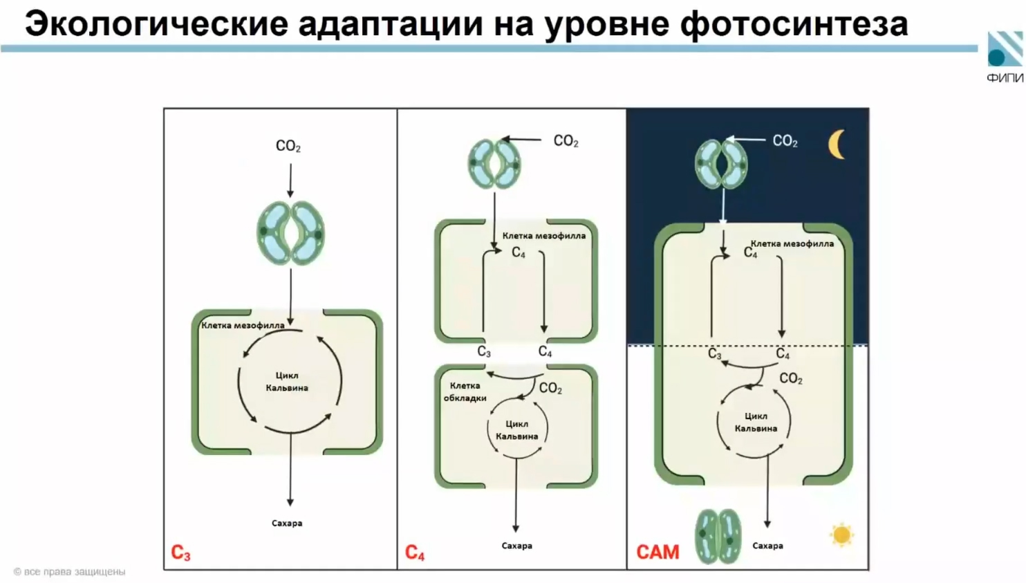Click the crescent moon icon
pos(837,145)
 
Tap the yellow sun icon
pos(841,535)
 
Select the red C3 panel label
pos(180,553)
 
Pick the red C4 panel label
pos(415,553)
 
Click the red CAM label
pos(657,552)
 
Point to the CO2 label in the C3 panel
pos(288,146)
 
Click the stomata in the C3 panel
pos(290,233)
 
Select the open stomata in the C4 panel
pos(494,164)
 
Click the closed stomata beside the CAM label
pos(718,536)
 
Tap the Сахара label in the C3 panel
pos(287,523)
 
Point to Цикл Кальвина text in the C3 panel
pos(287,381)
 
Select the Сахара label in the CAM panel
pos(767,546)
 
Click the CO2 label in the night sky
pos(785,141)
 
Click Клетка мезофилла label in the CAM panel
pos(792,243)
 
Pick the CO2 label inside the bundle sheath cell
pos(550,389)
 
